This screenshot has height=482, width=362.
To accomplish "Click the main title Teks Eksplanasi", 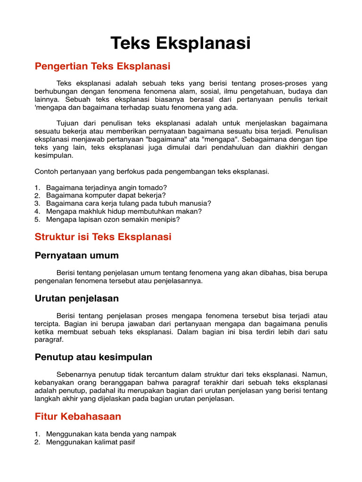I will [181, 43].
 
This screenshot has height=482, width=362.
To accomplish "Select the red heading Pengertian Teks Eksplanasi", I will [102, 66].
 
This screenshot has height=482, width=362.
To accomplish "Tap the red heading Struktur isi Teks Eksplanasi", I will [103, 237].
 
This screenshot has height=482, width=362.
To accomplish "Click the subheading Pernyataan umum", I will [76, 256].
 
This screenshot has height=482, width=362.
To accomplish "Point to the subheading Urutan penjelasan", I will [76, 298].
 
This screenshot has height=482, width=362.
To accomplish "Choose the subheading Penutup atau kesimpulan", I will [93, 357].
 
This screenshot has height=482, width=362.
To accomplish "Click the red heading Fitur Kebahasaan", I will [78, 416].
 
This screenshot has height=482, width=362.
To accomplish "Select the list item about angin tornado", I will [107, 187].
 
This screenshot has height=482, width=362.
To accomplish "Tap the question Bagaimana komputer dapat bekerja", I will [106, 195].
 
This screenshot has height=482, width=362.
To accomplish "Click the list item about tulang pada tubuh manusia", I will [128, 203].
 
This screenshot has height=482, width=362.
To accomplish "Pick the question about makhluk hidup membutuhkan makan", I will [123, 211].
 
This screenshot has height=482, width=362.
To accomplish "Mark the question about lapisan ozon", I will [113, 219].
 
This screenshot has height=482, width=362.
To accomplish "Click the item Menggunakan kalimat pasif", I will [90, 442].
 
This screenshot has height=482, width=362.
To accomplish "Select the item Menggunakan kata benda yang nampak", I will [111, 434].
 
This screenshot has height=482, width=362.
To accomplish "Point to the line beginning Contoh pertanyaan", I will [152, 171].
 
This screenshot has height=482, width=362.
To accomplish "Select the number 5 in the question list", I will [37, 219].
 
